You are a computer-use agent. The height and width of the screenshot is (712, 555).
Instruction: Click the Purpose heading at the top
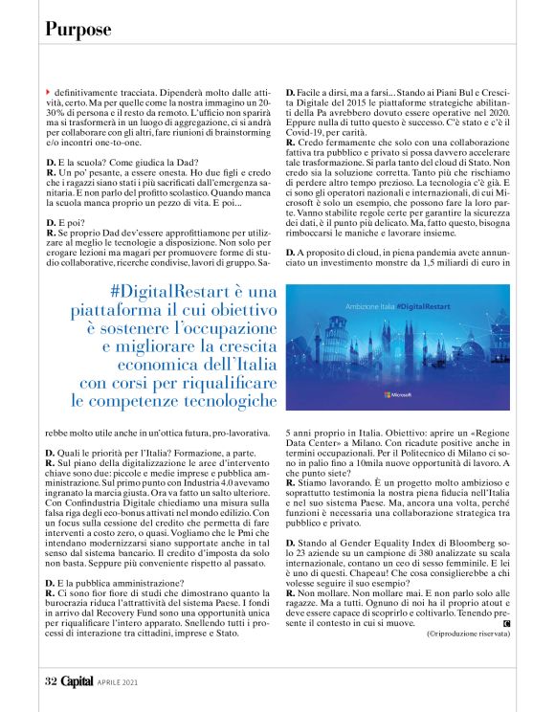tap(78, 29)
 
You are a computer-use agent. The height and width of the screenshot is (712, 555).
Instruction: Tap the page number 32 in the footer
tap(51, 682)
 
